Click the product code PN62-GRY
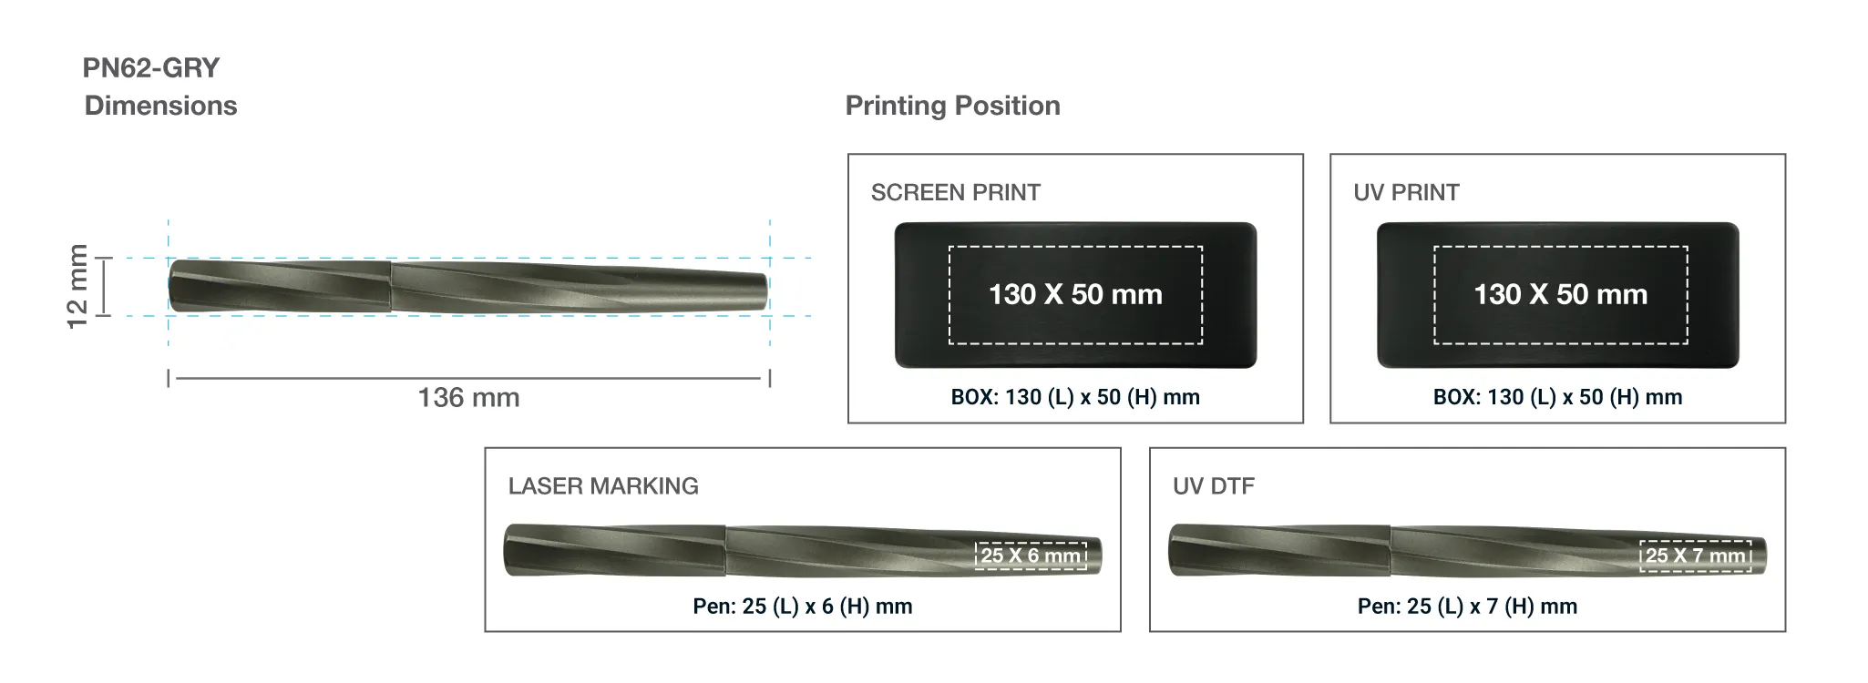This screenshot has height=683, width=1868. point(151,68)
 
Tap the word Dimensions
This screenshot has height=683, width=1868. point(160,106)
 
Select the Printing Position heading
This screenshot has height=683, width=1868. point(952,106)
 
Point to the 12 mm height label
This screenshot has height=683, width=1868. point(78,286)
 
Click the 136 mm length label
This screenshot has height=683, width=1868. point(468,398)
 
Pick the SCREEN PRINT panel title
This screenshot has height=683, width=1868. point(955,193)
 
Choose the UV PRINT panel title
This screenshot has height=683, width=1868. point(1406,193)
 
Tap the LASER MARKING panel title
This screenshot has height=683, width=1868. point(603,486)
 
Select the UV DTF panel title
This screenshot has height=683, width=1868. point(1213,486)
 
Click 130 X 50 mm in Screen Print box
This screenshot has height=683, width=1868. point(1075,295)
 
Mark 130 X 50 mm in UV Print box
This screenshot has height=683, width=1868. point(1560,295)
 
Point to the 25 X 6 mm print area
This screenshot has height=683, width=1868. point(1031,556)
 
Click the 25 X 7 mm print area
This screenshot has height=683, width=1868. point(1695,556)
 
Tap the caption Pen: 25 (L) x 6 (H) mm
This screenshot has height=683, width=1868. point(802,607)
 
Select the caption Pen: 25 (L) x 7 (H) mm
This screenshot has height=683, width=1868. point(1467,607)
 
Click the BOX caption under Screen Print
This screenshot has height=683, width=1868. point(1075,397)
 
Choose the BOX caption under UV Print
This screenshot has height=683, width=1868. point(1557,397)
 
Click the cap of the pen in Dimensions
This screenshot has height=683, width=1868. point(281,286)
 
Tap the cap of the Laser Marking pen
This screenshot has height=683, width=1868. point(615,550)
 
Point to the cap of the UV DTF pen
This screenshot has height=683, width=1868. point(1279,550)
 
